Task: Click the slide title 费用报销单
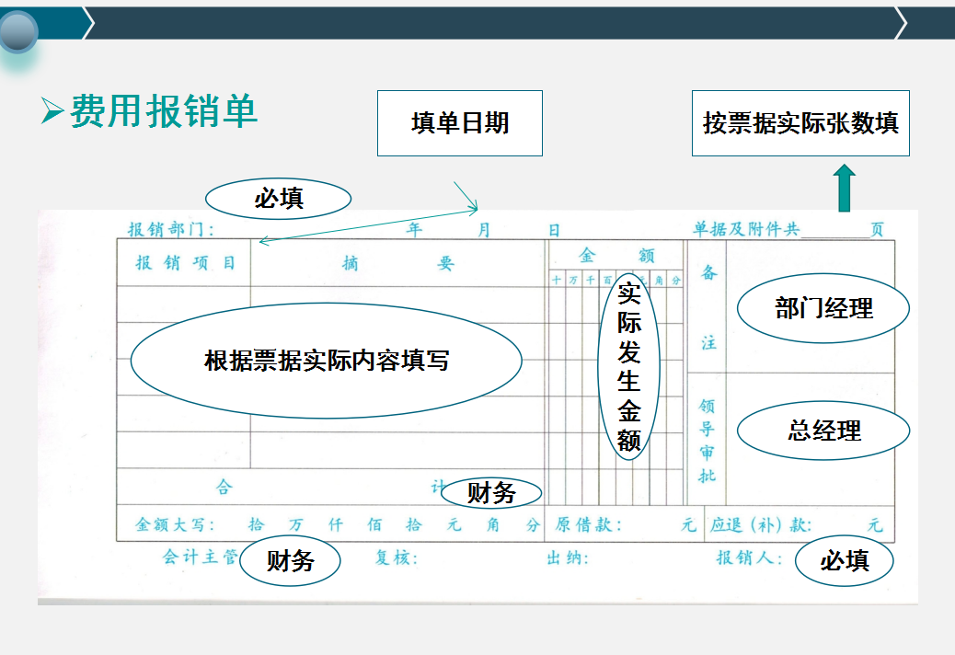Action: coord(163,111)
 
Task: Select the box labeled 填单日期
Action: coord(459,123)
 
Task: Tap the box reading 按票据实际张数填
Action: coord(800,123)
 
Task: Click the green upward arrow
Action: coord(844,189)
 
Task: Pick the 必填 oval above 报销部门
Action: coord(278,198)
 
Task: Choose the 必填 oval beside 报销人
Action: coord(844,560)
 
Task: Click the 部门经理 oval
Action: coord(823,308)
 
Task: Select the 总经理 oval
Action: coord(823,430)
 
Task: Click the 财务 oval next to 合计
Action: coord(491,493)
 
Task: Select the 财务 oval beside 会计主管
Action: coord(290,560)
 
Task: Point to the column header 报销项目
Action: coord(185,263)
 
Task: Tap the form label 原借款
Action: coord(588,525)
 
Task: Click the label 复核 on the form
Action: coord(396,558)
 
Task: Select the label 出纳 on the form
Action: coord(567,558)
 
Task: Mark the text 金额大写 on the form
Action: coord(175,525)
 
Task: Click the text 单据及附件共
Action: coord(746,230)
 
